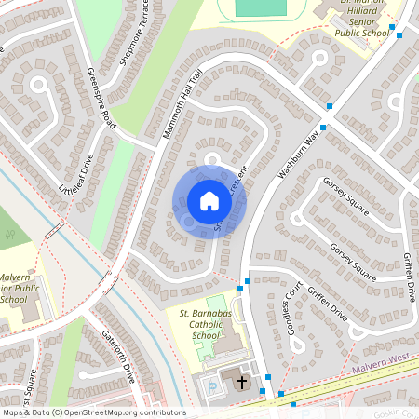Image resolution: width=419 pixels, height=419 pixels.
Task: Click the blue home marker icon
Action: coord(209,201)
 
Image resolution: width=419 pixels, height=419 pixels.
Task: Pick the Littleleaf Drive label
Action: coord(76,173)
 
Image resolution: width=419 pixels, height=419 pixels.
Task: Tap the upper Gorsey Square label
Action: coord(345,196)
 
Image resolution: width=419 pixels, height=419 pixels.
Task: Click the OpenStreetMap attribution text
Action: coord(93,412)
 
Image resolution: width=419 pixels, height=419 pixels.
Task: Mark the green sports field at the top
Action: coord(261,7)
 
